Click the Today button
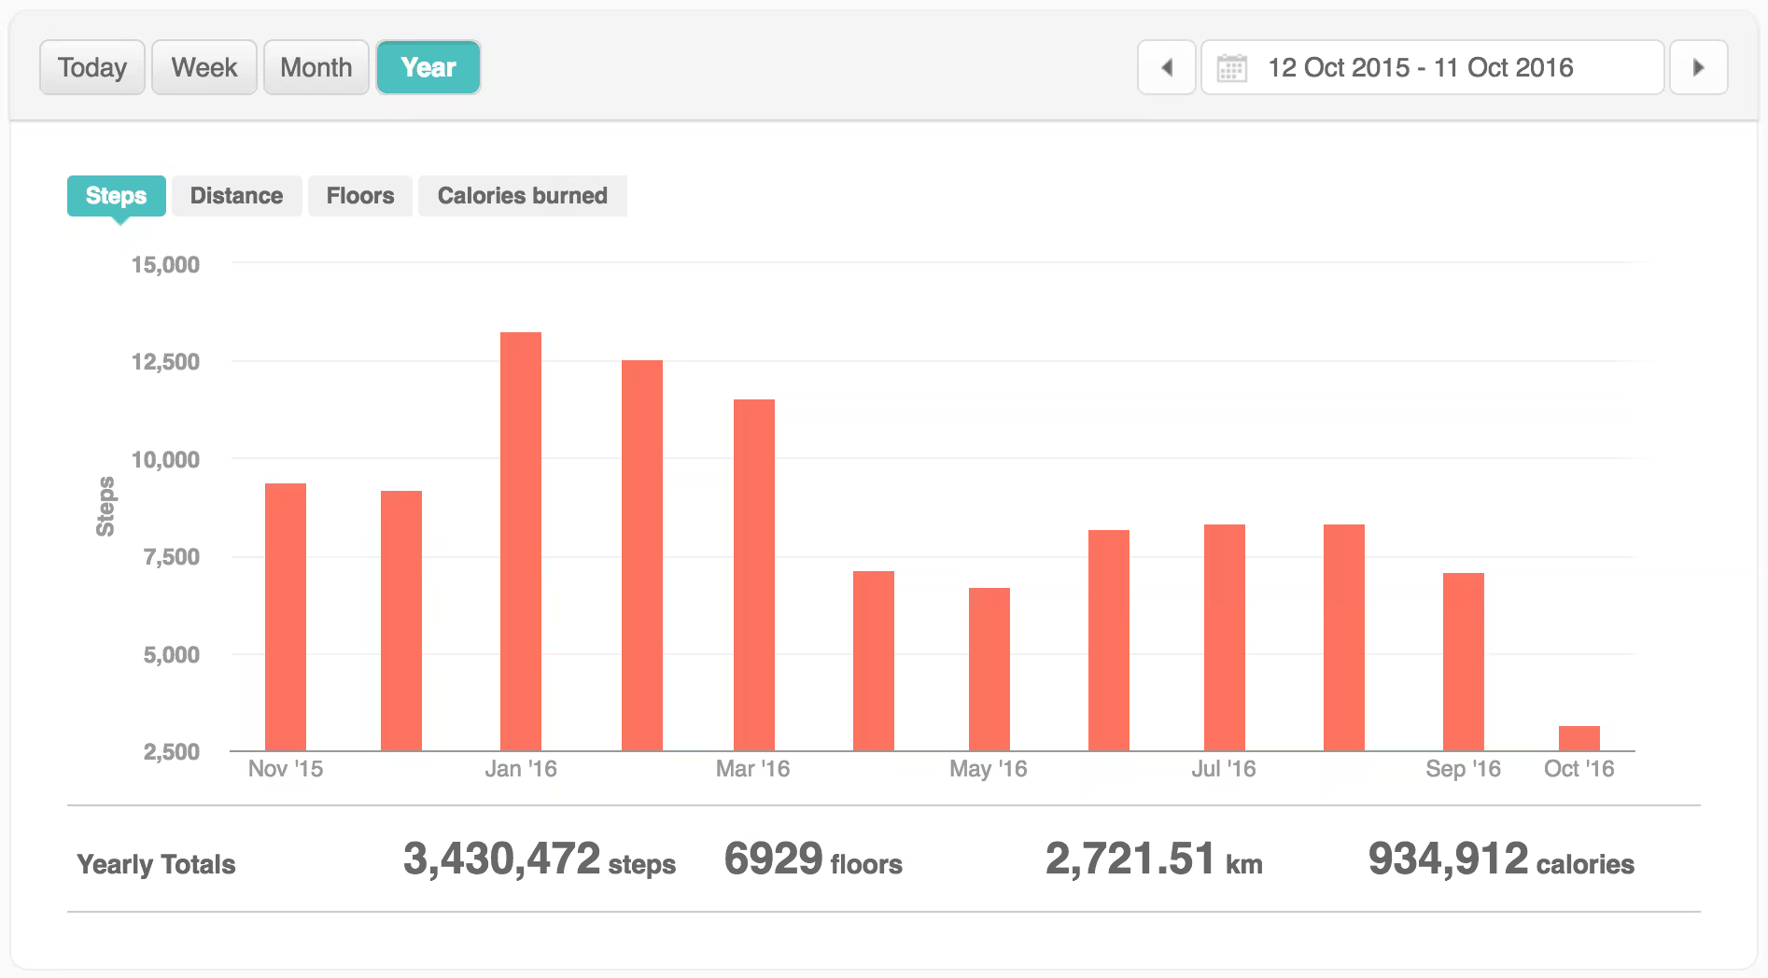point(91,67)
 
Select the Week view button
point(203,67)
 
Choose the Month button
point(316,67)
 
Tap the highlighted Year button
point(428,67)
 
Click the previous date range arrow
point(1166,67)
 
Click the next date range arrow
point(1698,67)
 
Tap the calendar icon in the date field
point(1231,68)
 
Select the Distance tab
point(236,196)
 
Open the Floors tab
point(359,196)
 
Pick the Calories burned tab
point(522,196)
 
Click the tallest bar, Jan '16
point(520,541)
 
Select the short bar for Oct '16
point(1579,738)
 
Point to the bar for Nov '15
point(285,616)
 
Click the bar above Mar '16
point(753,574)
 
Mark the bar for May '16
point(989,669)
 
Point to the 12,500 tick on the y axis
point(165,362)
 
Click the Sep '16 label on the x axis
point(1463,769)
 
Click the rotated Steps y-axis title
point(105,507)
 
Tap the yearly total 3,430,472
point(501,859)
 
